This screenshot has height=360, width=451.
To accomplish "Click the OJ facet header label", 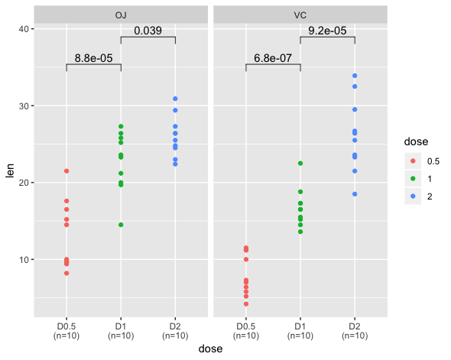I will [x=121, y=15].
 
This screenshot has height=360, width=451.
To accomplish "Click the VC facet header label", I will [x=300, y=15].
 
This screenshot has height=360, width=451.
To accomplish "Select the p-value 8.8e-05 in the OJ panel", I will [x=93, y=57].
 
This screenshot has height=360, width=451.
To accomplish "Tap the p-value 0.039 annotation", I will [x=148, y=31].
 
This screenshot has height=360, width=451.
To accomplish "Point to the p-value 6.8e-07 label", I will [x=273, y=57].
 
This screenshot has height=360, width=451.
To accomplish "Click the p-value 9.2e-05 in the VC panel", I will [x=327, y=31].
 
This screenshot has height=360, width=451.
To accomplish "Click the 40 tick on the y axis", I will [x=23, y=29].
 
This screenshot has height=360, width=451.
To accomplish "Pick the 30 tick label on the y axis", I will [x=23, y=105].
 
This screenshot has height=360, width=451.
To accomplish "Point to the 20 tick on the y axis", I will [x=23, y=183].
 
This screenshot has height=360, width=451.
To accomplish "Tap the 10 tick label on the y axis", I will [x=23, y=259].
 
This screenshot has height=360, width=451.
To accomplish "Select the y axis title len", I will [x=10, y=170].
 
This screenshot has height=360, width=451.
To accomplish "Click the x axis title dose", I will [x=211, y=349].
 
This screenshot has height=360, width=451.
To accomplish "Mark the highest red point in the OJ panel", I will [x=67, y=170].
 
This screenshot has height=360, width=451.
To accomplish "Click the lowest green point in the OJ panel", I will [x=121, y=225].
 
